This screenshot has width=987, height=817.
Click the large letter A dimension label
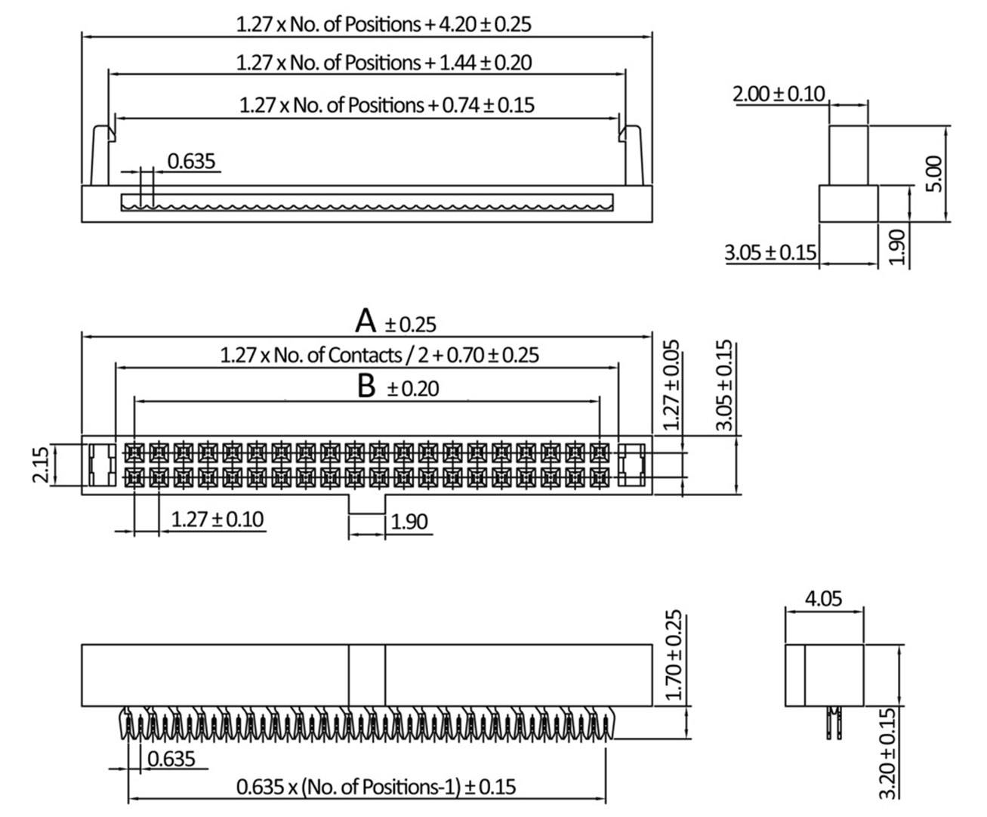click(366, 321)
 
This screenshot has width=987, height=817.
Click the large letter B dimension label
click(366, 387)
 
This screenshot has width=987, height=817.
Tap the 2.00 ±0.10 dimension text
click(779, 94)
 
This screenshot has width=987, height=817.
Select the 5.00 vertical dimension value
click(935, 174)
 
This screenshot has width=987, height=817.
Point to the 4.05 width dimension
click(822, 599)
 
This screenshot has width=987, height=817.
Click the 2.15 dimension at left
click(42, 464)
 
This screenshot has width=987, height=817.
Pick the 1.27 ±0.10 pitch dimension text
click(217, 519)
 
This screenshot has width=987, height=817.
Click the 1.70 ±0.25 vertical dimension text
click(676, 655)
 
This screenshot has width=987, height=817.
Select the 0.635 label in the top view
click(191, 161)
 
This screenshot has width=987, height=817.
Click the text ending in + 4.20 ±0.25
click(384, 23)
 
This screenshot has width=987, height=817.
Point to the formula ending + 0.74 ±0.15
click(387, 105)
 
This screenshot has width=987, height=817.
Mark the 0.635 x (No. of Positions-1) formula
click(376, 787)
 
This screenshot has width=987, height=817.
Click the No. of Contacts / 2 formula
click(379, 354)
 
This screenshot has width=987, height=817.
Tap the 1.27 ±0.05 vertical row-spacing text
click(671, 385)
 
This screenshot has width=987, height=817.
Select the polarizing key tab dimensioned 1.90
click(366, 504)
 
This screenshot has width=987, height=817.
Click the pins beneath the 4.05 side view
click(833, 723)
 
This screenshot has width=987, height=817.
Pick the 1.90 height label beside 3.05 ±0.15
click(896, 245)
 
